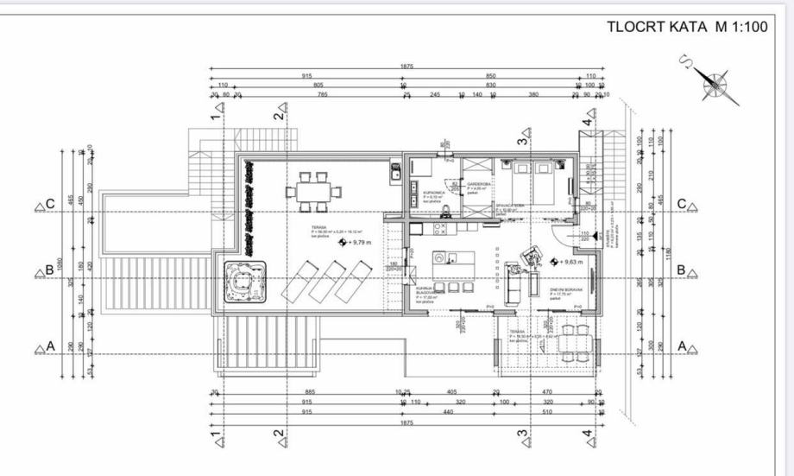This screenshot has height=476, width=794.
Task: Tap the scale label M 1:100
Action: [x=740, y=26]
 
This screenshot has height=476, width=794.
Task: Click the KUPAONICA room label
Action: [x=433, y=192]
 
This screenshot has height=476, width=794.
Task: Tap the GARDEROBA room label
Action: [x=479, y=184]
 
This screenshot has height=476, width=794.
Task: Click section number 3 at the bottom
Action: [x=521, y=435]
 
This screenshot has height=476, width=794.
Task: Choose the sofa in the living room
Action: [x=516, y=282]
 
